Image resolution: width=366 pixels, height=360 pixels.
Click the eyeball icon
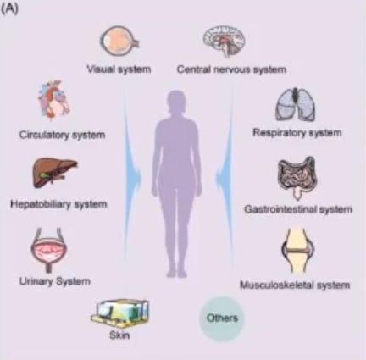tap(119, 42)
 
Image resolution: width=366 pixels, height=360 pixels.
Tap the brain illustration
tap(224, 42)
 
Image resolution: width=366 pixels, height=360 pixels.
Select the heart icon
tap(53, 100)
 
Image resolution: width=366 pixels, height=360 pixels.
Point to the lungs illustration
tap(296, 105)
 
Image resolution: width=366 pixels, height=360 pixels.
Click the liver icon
tap(55, 172)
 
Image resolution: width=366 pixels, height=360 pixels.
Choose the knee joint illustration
tap(297, 251)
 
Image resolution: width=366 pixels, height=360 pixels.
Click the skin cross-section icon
tap(119, 312)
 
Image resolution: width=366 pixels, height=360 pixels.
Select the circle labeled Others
tap(222, 318)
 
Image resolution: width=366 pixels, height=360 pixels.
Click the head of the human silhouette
tap(177, 101)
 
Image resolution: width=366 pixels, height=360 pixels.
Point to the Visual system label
tap(119, 69)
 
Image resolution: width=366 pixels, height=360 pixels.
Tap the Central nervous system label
tap(231, 69)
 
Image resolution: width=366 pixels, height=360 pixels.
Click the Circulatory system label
tap(63, 135)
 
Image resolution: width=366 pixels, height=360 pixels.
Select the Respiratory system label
tap(297, 133)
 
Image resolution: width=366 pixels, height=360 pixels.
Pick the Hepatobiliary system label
tap(58, 204)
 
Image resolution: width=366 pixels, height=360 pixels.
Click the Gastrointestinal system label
tap(298, 209)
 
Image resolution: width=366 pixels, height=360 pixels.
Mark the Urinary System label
tap(55, 281)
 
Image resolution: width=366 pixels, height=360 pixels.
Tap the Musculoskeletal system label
tap(295, 285)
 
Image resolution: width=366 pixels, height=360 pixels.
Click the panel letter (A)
tap(9, 8)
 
